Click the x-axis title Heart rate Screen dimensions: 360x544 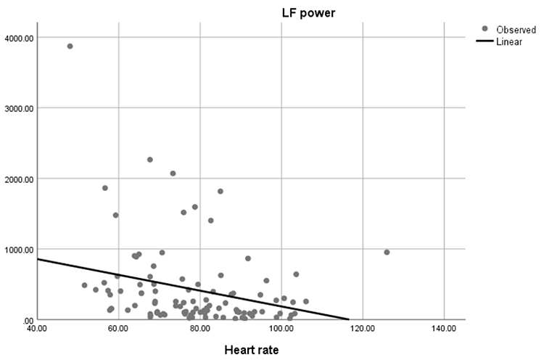click(250, 349)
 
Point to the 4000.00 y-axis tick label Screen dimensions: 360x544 click(17, 38)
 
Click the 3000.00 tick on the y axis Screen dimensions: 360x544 click(17, 108)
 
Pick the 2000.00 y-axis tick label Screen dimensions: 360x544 click(17, 179)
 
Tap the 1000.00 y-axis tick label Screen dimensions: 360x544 click(17, 250)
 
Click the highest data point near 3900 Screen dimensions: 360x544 click(70, 46)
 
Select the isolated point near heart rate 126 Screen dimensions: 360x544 click(387, 253)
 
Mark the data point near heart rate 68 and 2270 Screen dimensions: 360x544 click(150, 160)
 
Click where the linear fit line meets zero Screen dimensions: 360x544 click(349, 319)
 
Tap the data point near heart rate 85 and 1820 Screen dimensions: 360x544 click(221, 192)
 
